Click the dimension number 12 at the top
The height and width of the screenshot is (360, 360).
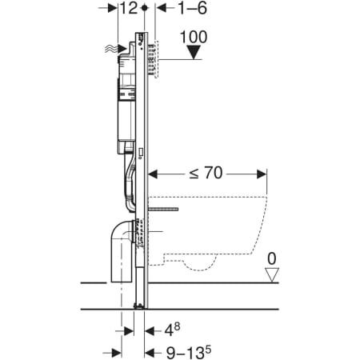(129, 8)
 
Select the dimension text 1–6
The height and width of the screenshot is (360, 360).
(192, 8)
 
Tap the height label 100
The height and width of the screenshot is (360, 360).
(194, 37)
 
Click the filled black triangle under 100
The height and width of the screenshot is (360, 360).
(194, 52)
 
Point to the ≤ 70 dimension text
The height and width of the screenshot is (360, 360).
(206, 173)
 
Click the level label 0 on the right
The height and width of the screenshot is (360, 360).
(272, 258)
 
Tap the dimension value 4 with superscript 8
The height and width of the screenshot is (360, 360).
(172, 330)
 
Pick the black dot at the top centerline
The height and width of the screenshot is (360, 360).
(144, 8)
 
